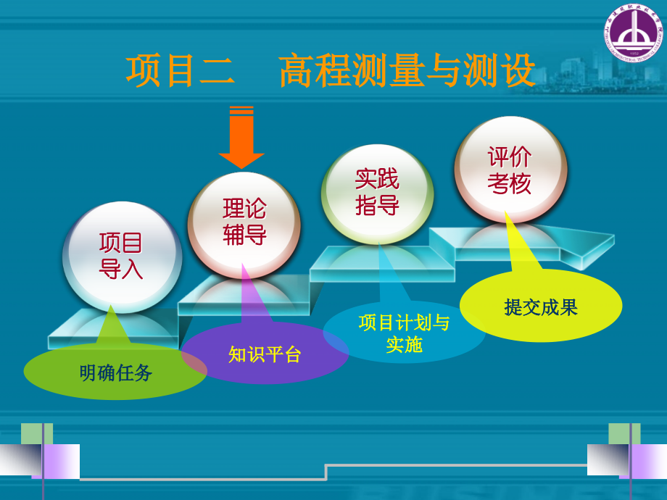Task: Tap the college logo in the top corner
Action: [633, 33]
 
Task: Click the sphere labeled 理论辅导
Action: [244, 222]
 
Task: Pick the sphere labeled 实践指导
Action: [377, 192]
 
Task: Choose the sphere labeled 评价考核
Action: [510, 170]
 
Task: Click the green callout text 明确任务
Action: [116, 372]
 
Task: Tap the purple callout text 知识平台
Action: [265, 354]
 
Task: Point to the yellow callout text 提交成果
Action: [541, 307]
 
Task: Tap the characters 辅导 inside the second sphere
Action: [244, 235]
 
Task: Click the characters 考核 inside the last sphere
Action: [510, 183]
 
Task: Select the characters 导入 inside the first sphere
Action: [121, 269]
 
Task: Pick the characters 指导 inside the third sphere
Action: [377, 205]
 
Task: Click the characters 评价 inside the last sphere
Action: [510, 157]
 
